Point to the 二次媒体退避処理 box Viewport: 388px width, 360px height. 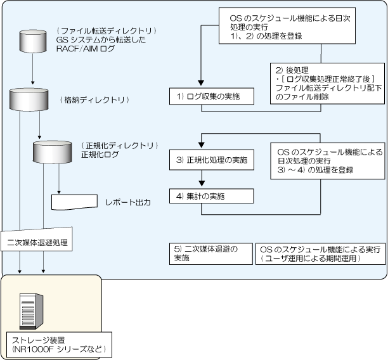click(37, 242)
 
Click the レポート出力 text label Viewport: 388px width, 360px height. click(128, 203)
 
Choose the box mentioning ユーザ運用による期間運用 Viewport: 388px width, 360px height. click(320, 255)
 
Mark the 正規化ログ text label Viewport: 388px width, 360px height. click(100, 154)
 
